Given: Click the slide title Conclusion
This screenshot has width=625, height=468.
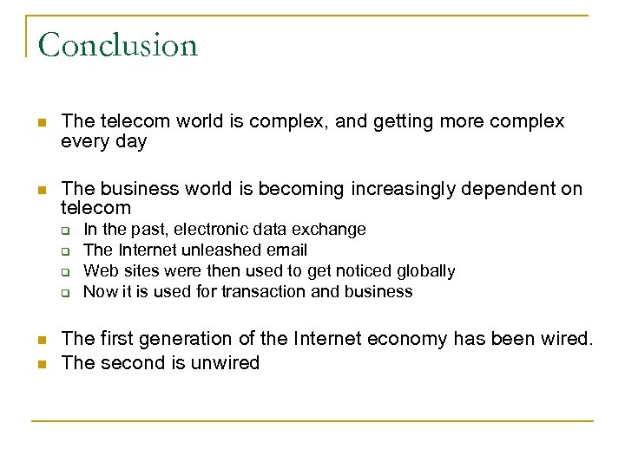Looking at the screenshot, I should click(118, 44).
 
